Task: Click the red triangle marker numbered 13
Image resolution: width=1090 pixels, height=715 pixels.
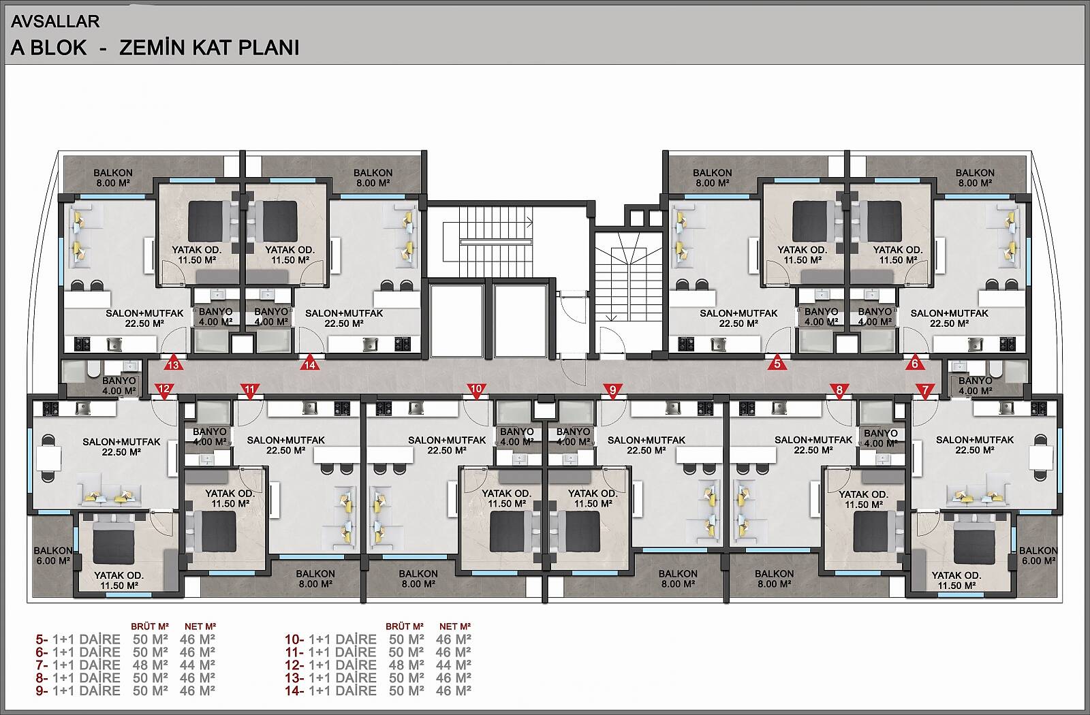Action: pyautogui.click(x=174, y=364)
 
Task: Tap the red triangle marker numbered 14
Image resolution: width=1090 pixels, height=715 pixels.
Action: pyautogui.click(x=310, y=364)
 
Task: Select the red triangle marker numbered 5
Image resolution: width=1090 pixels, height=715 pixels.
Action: pyautogui.click(x=777, y=363)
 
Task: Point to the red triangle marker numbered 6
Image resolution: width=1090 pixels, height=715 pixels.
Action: pyautogui.click(x=915, y=363)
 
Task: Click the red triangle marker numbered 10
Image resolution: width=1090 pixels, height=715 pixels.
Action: pyautogui.click(x=476, y=390)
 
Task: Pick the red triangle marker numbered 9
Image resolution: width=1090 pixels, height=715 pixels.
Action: pyautogui.click(x=612, y=390)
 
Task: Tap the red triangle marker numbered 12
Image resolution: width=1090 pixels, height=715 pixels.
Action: pyautogui.click(x=164, y=390)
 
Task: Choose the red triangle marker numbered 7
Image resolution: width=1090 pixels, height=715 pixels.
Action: pyautogui.click(x=925, y=390)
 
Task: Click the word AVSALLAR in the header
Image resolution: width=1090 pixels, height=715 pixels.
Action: pyautogui.click(x=55, y=21)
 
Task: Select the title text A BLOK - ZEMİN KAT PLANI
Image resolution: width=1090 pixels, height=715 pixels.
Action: pyautogui.click(x=155, y=48)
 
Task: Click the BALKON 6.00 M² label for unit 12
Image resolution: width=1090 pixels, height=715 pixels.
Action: pyautogui.click(x=52, y=556)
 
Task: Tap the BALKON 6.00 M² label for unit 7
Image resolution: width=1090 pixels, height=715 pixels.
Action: pyautogui.click(x=1038, y=556)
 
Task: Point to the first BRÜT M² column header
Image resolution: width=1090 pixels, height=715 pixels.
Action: pyautogui.click(x=150, y=626)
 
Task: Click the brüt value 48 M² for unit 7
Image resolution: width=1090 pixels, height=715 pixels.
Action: pyautogui.click(x=151, y=665)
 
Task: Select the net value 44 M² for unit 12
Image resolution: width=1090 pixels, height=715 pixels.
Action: pyautogui.click(x=453, y=665)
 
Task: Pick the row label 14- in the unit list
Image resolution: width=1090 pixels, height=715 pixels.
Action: pyautogui.click(x=295, y=690)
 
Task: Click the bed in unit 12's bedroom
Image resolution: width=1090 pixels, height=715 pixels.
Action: pyautogui.click(x=113, y=539)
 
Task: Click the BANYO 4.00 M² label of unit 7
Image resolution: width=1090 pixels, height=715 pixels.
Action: pyautogui.click(x=975, y=385)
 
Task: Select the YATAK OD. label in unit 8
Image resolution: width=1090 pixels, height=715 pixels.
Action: pyautogui.click(x=863, y=494)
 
